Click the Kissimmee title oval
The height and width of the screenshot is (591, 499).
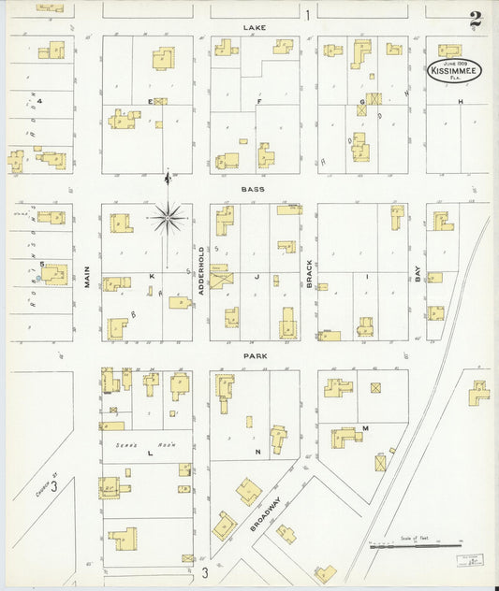(457, 70)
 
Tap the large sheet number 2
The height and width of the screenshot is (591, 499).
(477, 19)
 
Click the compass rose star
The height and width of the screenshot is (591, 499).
(168, 218)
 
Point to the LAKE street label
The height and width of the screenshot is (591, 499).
(255, 28)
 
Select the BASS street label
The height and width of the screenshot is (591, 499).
(254, 189)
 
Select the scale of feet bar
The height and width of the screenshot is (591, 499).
(416, 546)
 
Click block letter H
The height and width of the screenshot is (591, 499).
(461, 100)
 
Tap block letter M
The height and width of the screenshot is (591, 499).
(365, 428)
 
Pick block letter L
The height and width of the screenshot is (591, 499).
(149, 452)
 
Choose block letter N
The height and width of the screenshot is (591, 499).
(257, 452)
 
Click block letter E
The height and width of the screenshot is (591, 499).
(149, 100)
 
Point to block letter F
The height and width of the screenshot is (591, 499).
(257, 100)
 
